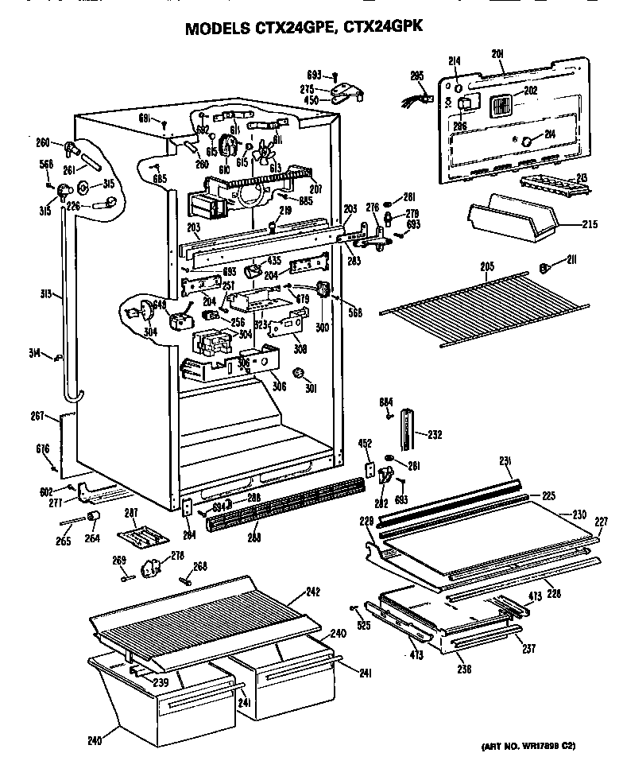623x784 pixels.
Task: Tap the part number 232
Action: (x=435, y=434)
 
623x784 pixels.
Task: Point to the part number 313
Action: (x=47, y=294)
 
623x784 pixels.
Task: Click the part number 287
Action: (x=132, y=513)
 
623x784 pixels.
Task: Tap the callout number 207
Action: (x=315, y=190)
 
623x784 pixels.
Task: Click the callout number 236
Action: (x=465, y=669)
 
